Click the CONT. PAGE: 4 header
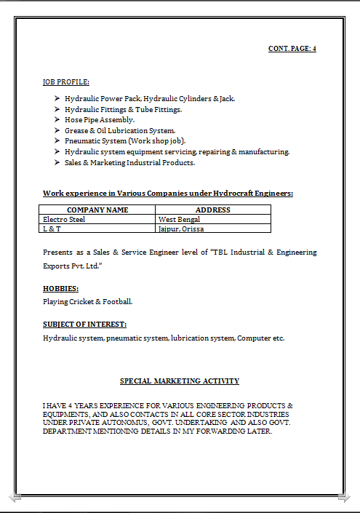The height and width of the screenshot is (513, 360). tap(292, 49)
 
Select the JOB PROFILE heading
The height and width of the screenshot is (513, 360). tap(66, 82)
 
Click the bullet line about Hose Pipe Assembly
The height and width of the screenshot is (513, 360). tap(100, 119)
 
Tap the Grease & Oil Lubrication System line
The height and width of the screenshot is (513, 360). tap(119, 130)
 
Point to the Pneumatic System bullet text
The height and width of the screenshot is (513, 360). tap(124, 141)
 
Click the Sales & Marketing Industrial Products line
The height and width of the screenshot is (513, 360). tap(129, 163)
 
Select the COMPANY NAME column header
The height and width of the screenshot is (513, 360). tap(97, 210)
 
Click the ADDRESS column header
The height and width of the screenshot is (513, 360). tap(213, 210)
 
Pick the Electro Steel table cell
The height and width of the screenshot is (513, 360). tap(64, 219)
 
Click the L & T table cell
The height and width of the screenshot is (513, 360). tap(50, 228)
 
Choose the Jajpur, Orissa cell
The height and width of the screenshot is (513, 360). tap(181, 228)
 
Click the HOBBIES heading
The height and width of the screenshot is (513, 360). tap(61, 289)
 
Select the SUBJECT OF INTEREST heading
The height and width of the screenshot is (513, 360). tap(84, 325)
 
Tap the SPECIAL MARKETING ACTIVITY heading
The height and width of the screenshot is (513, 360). tap(180, 381)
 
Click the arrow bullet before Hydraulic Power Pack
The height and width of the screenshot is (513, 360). tap(57, 98)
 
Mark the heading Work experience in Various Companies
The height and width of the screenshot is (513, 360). tap(168, 194)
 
